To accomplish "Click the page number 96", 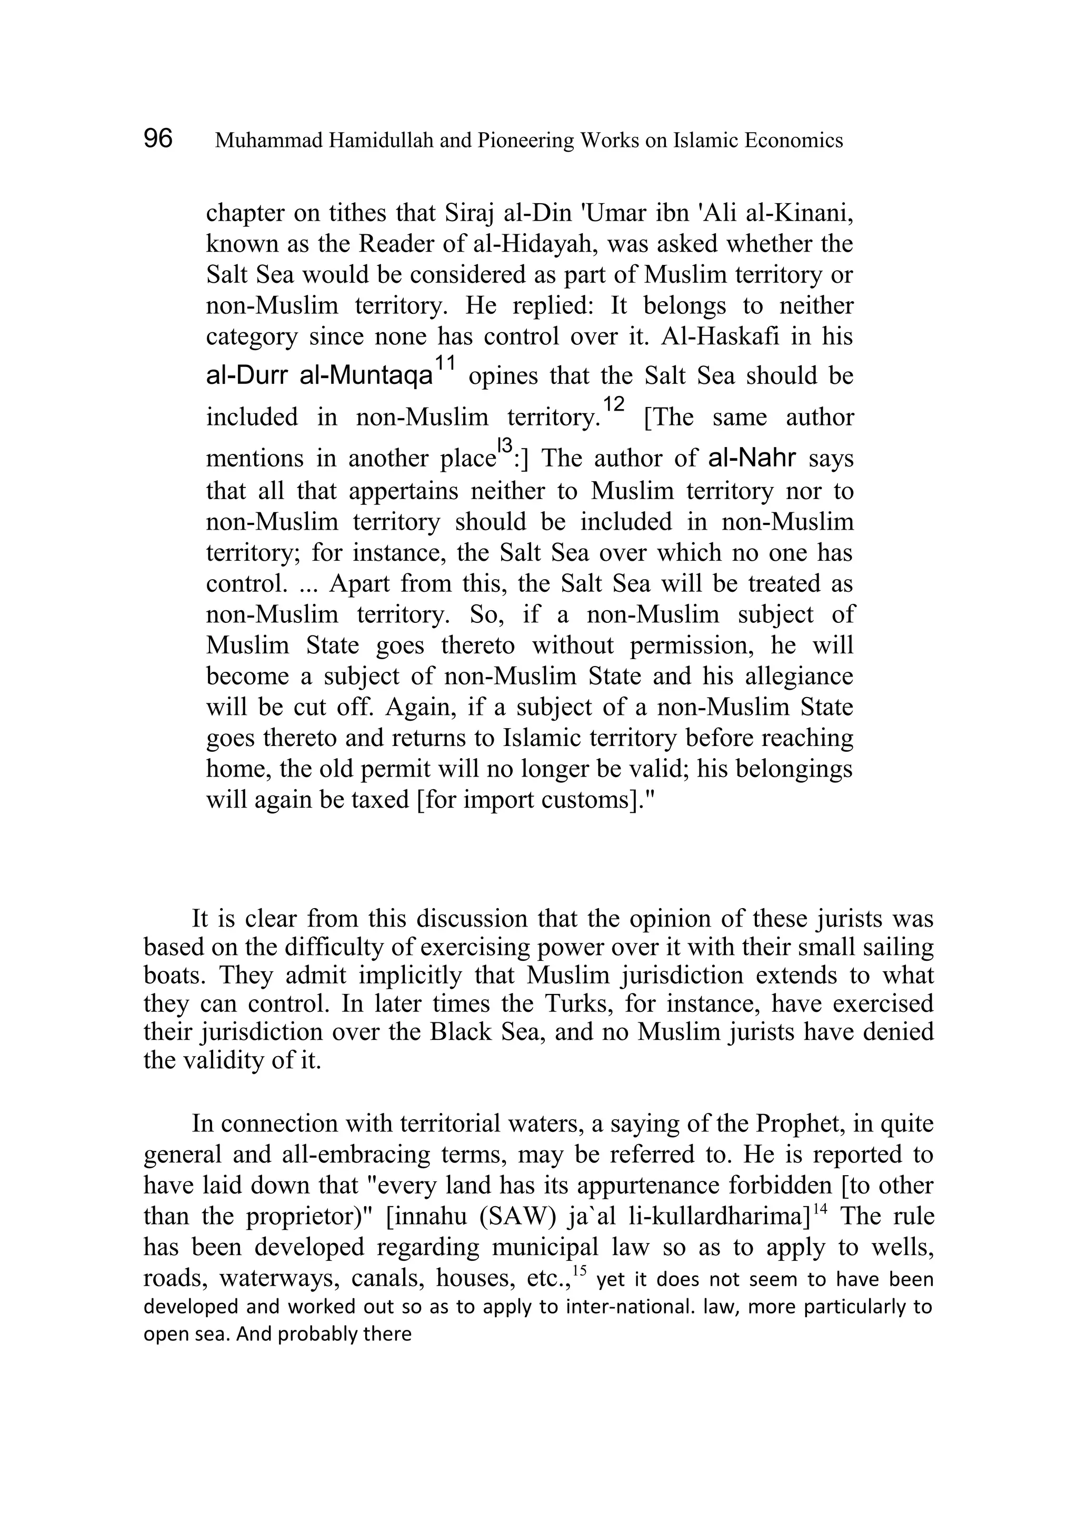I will point(158,139).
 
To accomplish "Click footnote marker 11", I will point(445,363).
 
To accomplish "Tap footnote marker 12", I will point(614,404).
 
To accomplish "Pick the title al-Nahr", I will point(752,458).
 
